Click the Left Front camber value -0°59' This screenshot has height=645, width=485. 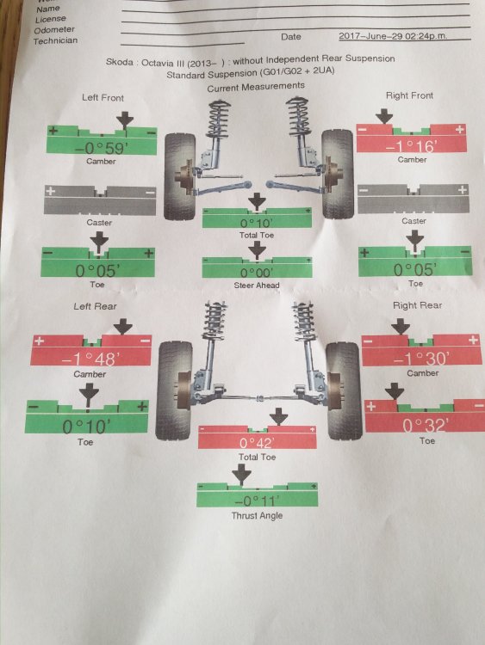click(101, 147)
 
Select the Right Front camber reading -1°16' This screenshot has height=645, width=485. click(410, 145)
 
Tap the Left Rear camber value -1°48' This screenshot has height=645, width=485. click(91, 359)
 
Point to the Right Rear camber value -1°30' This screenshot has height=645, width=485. click(421, 359)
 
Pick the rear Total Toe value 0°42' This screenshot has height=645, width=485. click(257, 443)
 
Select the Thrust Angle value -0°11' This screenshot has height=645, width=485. click(257, 501)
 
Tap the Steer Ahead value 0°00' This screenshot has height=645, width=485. click(257, 273)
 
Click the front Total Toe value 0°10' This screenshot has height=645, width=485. click(257, 223)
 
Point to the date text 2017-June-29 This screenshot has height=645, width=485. click(371, 36)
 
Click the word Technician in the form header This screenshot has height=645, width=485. click(55, 40)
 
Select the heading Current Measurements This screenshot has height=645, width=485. click(256, 87)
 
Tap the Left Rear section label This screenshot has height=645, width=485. click(95, 306)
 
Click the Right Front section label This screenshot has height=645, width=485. click(409, 95)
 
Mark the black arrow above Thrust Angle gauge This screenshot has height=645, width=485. click(241, 474)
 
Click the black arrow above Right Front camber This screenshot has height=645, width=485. click(384, 116)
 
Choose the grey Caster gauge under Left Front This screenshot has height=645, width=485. click(100, 200)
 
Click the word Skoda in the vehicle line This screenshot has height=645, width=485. click(120, 62)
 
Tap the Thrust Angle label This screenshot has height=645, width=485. click(257, 515)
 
